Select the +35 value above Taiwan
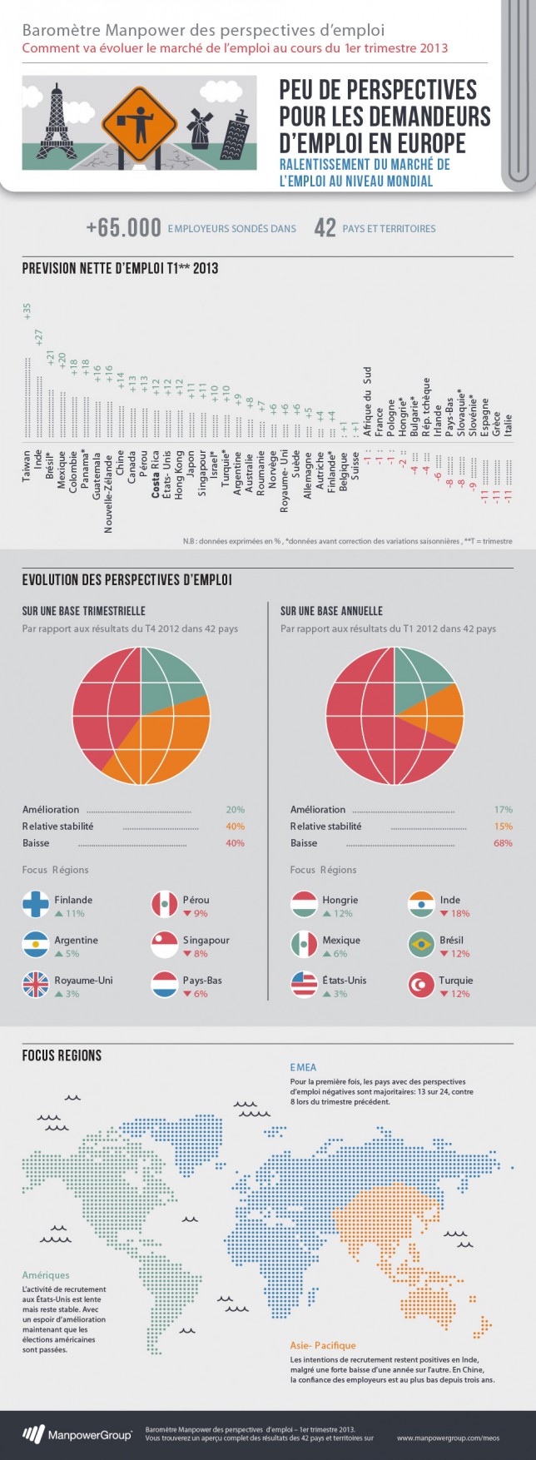point(27,310)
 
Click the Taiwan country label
point(27,466)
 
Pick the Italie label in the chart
point(509,424)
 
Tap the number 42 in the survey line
point(325,228)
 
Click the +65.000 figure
point(123,228)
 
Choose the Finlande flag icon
point(36,905)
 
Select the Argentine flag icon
point(36,945)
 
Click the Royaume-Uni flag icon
point(36,985)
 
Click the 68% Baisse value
point(503,843)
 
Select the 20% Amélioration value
point(235,810)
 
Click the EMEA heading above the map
point(303,1067)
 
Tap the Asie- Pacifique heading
point(322,1345)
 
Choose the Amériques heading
point(46,1275)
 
